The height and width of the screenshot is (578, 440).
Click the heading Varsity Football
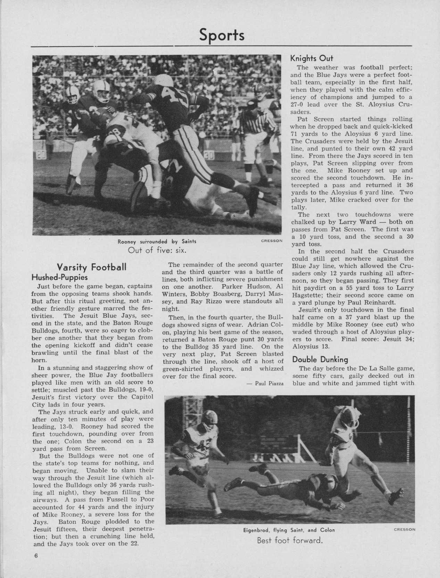pos(91,267)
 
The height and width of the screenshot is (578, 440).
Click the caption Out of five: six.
pos(158,249)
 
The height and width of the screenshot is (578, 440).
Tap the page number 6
pos(36,564)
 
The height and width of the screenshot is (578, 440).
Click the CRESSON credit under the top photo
pos(272,240)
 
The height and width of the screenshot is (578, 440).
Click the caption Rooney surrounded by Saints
pos(157,241)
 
